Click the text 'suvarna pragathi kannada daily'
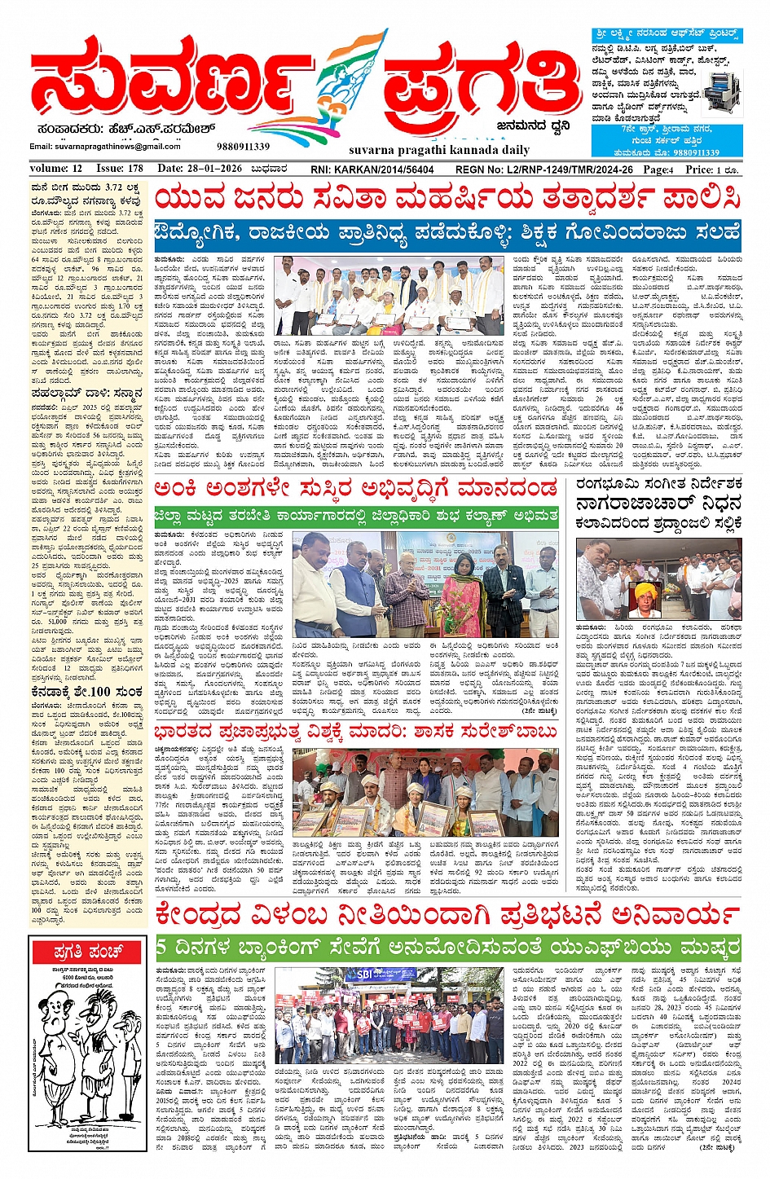pos(427,151)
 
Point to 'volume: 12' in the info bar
pos(56,169)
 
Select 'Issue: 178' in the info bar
pos(119,169)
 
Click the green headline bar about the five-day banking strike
pos(448,948)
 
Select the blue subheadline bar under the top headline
pos(448,233)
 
